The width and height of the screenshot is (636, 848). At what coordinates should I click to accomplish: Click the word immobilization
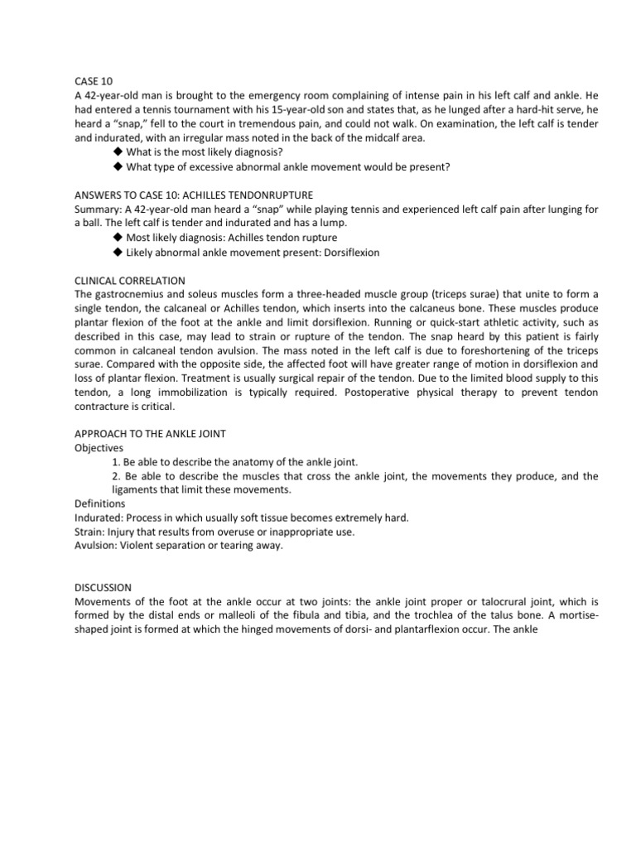195,393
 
